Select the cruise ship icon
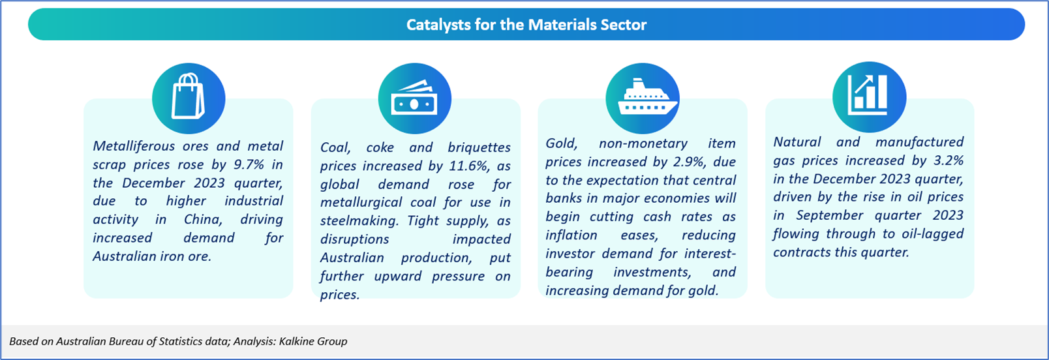(x=646, y=97)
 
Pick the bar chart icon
(x=868, y=95)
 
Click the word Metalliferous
(x=134, y=146)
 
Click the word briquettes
(x=479, y=147)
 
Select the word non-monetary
(x=643, y=143)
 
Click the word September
(x=830, y=215)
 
